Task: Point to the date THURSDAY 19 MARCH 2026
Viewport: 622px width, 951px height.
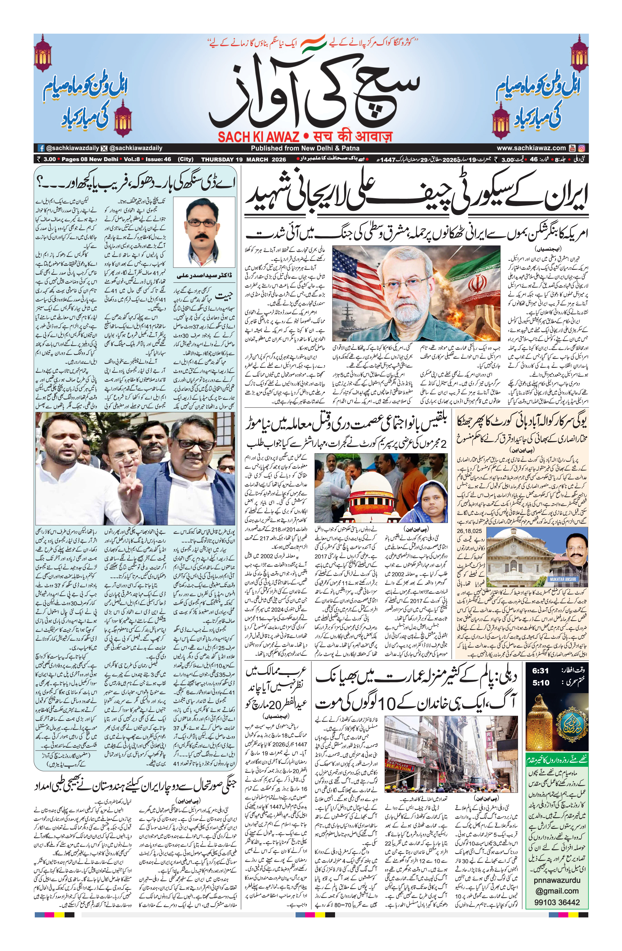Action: pos(244,159)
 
